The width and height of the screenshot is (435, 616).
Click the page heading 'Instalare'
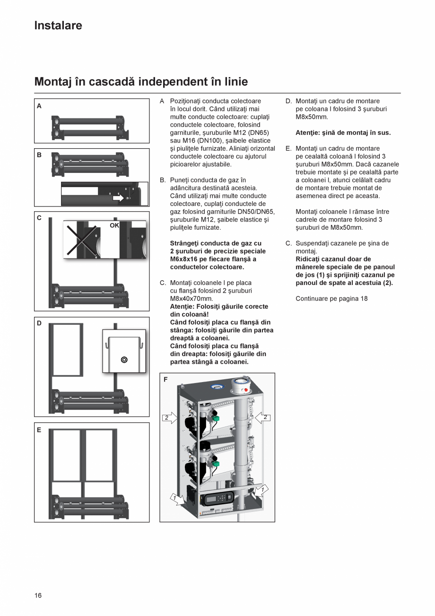click(x=58, y=26)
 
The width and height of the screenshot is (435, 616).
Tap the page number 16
click(x=38, y=595)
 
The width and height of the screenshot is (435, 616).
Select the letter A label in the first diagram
click(x=39, y=106)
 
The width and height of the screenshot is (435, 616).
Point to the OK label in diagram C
click(x=114, y=226)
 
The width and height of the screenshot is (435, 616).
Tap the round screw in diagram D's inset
click(x=124, y=360)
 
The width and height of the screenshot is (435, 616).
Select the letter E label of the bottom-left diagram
click(x=39, y=430)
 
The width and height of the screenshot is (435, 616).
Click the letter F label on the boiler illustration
click(x=165, y=380)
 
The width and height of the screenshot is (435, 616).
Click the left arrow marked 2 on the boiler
click(x=169, y=418)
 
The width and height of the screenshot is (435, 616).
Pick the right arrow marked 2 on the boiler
click(x=263, y=418)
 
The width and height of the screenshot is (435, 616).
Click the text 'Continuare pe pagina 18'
click(x=331, y=298)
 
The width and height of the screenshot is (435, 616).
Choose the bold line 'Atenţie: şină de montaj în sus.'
click(x=343, y=133)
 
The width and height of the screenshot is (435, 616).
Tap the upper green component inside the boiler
click(x=216, y=418)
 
